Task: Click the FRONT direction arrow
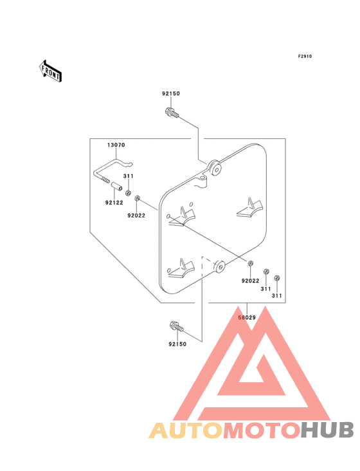50,71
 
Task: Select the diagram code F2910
305,56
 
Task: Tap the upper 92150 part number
171,93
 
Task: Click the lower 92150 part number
177,344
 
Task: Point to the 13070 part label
116,145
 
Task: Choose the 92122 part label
114,203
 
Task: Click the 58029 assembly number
247,317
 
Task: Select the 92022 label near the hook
136,216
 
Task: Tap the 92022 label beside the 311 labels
250,281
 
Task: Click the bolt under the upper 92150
172,113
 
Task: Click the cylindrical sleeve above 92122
117,186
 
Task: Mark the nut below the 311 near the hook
128,192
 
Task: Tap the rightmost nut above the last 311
277,278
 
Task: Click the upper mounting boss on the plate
215,168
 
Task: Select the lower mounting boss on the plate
220,266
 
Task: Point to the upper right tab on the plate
250,208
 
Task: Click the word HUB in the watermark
328,430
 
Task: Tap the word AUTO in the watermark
186,430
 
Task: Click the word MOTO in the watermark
262,430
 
